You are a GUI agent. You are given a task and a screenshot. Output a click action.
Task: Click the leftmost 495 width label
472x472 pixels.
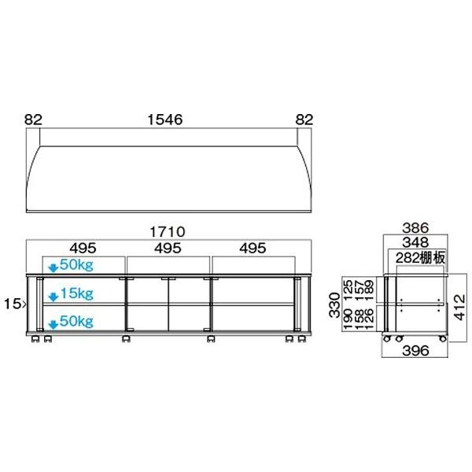tap(76, 249)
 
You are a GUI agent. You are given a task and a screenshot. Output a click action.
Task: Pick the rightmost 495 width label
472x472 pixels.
tap(253, 249)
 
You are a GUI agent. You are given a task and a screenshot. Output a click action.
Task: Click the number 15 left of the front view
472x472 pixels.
tap(15, 301)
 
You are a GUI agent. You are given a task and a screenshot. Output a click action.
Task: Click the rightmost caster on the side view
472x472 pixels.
tap(443, 338)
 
